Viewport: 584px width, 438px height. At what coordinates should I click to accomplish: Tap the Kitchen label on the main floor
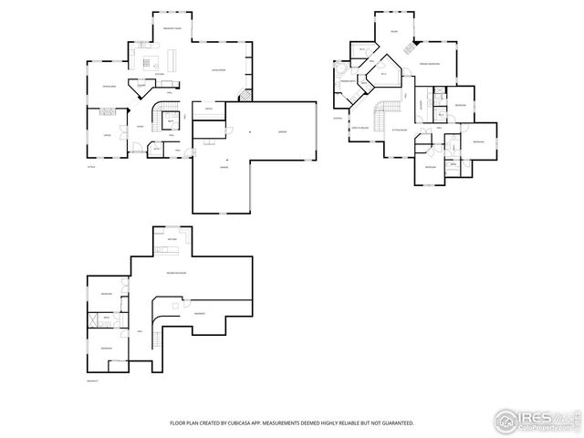[158, 73]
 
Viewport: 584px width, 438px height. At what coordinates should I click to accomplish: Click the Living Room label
[219, 69]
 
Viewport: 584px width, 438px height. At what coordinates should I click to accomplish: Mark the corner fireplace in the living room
[244, 96]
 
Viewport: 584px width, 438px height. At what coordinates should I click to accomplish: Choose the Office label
[108, 134]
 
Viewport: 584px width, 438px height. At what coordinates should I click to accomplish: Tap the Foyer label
[140, 126]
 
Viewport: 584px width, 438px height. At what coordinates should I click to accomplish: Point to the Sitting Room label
[399, 130]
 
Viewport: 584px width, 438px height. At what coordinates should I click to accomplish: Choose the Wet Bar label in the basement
[172, 240]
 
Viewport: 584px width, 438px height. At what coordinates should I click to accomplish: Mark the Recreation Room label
[176, 273]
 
